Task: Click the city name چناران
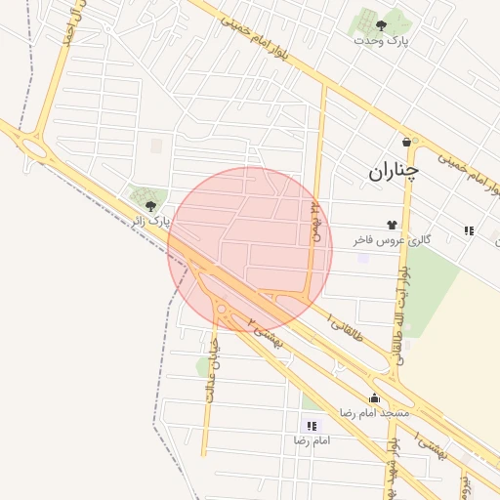point(394,172)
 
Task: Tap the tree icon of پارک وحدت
point(381,25)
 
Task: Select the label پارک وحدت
point(384,41)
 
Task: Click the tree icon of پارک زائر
point(151,205)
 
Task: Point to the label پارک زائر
point(151,221)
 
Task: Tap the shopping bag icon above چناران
point(407,142)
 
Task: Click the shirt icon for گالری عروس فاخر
point(395,225)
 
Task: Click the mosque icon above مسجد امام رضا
point(374,397)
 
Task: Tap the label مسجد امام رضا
point(373,413)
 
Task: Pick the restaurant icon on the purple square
point(312,426)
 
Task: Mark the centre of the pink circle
point(250,249)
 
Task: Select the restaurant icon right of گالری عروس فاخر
point(469,230)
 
